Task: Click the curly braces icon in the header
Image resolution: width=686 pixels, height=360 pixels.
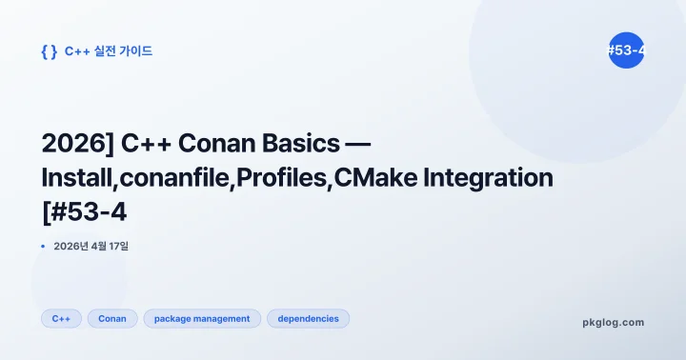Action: pyautogui.click(x=49, y=51)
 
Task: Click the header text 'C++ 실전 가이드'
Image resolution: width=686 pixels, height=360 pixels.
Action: pyautogui.click(x=108, y=51)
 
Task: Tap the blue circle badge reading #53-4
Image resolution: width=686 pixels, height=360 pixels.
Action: pyautogui.click(x=626, y=51)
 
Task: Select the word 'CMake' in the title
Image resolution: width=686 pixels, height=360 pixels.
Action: pyautogui.click(x=382, y=177)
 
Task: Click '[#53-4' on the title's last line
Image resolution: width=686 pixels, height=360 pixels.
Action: pyautogui.click(x=85, y=211)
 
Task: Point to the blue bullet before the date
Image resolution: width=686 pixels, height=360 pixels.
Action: pyautogui.click(x=44, y=247)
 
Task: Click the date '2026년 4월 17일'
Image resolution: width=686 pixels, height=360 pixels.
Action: pyautogui.click(x=91, y=247)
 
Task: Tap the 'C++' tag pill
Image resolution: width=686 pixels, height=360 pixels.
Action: pyautogui.click(x=61, y=319)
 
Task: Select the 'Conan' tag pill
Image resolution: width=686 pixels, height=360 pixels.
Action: pyautogui.click(x=112, y=319)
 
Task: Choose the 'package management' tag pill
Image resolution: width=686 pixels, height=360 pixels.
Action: pyautogui.click(x=202, y=319)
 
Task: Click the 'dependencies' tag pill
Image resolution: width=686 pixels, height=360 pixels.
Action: pyautogui.click(x=308, y=319)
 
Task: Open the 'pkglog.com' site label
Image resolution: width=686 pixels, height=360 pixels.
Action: pyautogui.click(x=613, y=322)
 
